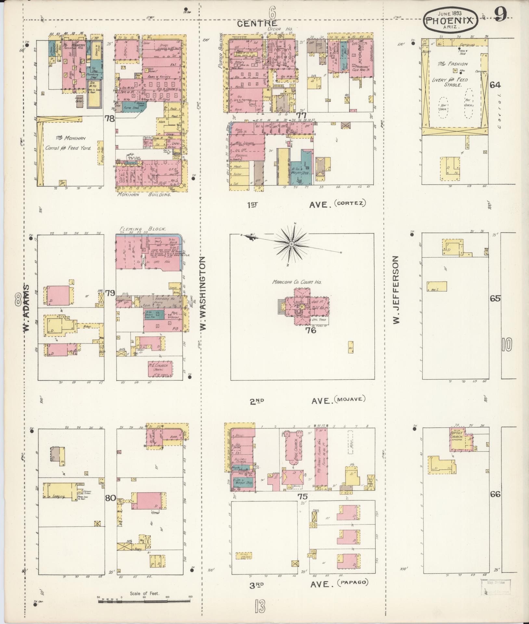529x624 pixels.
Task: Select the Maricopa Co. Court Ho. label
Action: click(297, 282)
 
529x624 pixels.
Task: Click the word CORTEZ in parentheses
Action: click(351, 203)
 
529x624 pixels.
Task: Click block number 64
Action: click(495, 85)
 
